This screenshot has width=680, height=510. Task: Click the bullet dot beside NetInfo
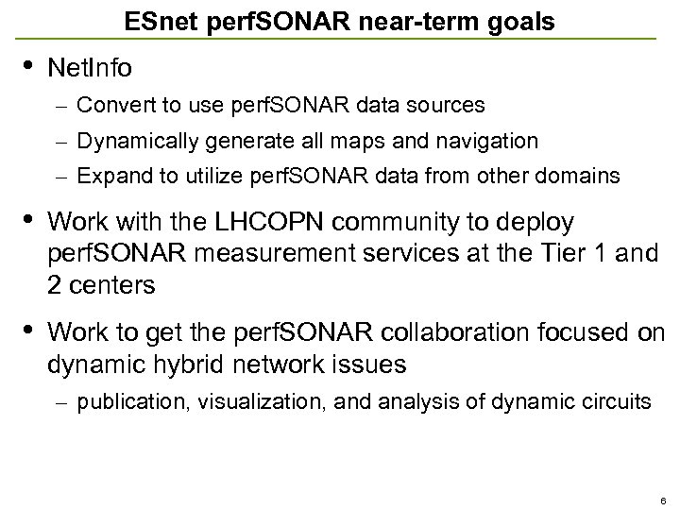pos(27,65)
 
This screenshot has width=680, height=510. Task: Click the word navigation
pos(489,142)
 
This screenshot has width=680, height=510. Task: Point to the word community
pos(388,222)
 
